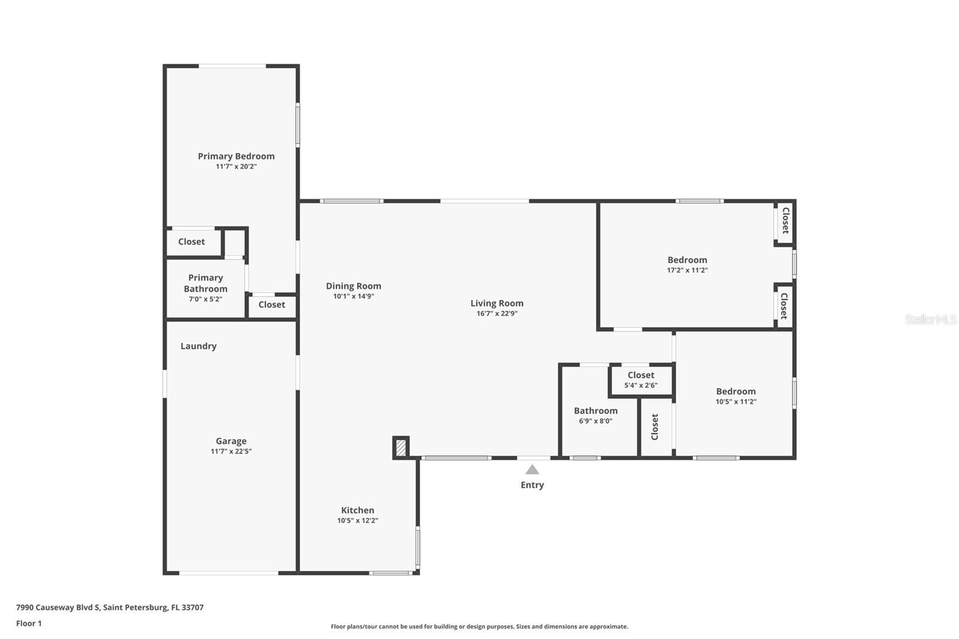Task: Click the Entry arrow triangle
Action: [x=532, y=469]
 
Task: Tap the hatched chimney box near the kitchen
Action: [x=401, y=447]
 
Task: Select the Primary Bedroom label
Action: [x=236, y=156]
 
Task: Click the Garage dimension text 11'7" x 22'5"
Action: [x=231, y=451]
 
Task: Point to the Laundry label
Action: [x=198, y=346]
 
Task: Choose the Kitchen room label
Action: [x=358, y=510]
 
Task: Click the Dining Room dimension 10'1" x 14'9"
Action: [x=354, y=296]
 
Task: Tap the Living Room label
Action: [x=497, y=303]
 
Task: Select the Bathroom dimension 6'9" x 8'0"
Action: [x=595, y=421]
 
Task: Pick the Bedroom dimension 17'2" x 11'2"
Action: [x=687, y=270]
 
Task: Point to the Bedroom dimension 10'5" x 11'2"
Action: [x=735, y=402]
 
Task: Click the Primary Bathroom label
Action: [x=206, y=283]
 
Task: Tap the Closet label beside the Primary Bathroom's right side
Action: [x=272, y=305]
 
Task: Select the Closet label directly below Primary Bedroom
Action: [x=191, y=242]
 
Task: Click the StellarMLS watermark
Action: [x=930, y=319]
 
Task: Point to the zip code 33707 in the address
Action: [x=193, y=607]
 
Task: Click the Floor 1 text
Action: [x=29, y=623]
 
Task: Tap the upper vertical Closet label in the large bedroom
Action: [x=785, y=221]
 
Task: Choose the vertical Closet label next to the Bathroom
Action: [x=655, y=427]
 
